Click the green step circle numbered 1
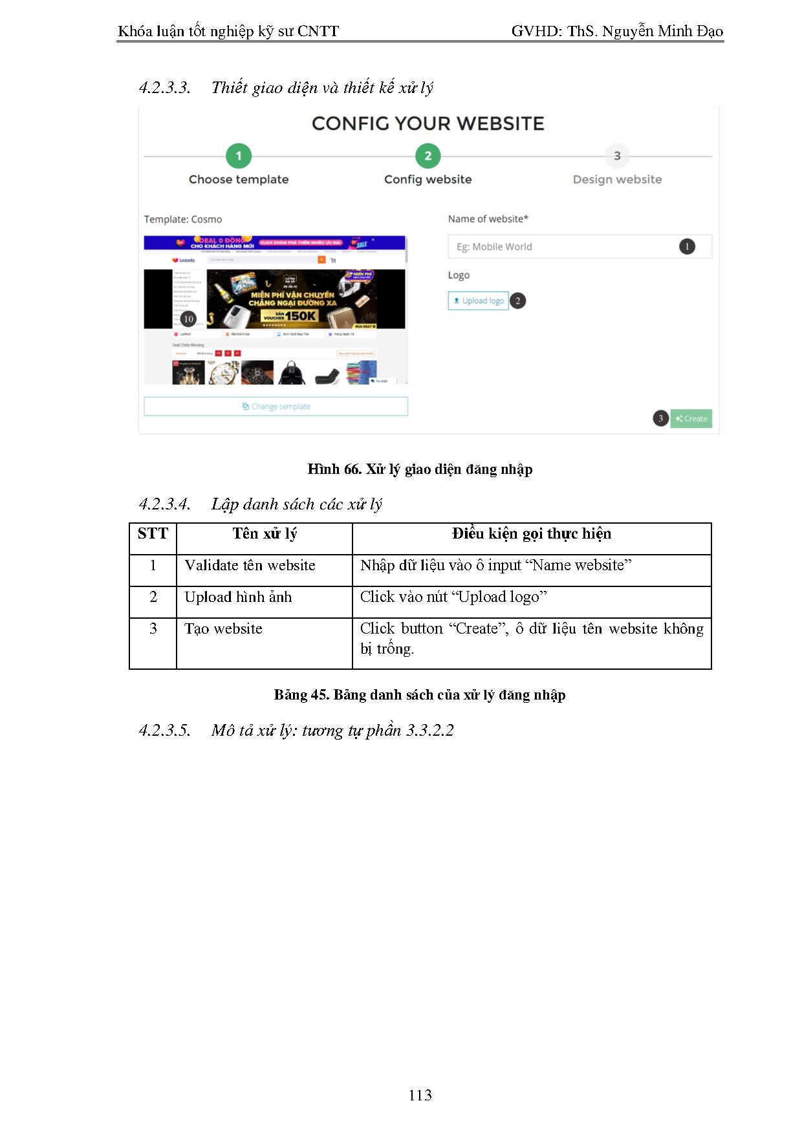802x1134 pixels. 239,156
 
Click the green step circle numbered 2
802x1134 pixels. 428,156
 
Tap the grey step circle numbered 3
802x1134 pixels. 617,156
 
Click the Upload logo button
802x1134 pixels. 479,301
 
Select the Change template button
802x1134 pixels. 276,406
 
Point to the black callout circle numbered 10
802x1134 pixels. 188,319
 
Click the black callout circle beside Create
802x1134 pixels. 660,418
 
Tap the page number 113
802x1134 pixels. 420,1095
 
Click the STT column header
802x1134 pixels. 153,534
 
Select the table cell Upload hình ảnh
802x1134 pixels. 238,597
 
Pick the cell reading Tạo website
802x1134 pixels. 223,629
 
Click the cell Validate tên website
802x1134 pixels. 250,566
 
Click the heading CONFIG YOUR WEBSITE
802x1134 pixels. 428,123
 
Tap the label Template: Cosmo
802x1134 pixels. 183,219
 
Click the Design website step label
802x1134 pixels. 617,179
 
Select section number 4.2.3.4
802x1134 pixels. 165,504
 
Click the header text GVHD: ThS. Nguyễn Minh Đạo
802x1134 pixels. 616,31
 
